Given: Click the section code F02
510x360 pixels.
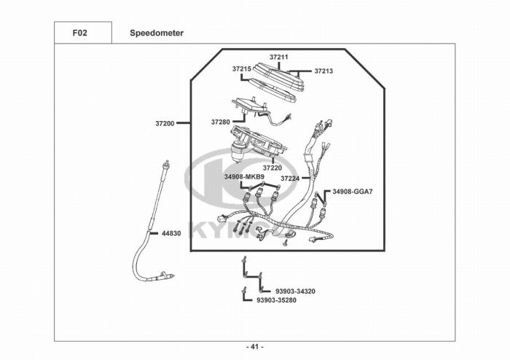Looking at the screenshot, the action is pyautogui.click(x=82, y=33).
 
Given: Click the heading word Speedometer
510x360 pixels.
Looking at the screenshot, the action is pyautogui.click(x=157, y=33).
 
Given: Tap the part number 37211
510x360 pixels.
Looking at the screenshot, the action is pyautogui.click(x=279, y=56).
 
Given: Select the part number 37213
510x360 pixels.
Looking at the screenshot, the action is pyautogui.click(x=323, y=71).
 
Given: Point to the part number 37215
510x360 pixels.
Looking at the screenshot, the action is pyautogui.click(x=242, y=69).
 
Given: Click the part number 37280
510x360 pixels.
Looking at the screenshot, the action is pyautogui.click(x=221, y=122).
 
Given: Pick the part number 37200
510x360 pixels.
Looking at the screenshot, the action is pyautogui.click(x=165, y=124).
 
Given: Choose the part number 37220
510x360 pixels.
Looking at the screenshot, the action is pyautogui.click(x=272, y=168).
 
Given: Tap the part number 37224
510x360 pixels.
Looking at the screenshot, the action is pyautogui.click(x=289, y=178).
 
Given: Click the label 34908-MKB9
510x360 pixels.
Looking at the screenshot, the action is pyautogui.click(x=244, y=176).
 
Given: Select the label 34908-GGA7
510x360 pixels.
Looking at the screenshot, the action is pyautogui.click(x=353, y=192).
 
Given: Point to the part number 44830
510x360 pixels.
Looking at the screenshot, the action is pyautogui.click(x=170, y=233).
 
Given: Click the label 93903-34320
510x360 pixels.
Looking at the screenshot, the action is pyautogui.click(x=295, y=291).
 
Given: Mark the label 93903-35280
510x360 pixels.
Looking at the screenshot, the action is pyautogui.click(x=276, y=299).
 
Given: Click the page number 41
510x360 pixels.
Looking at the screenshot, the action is pyautogui.click(x=255, y=346).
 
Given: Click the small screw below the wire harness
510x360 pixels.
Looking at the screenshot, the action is pyautogui.click(x=286, y=244).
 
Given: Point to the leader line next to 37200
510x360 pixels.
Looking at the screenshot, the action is pyautogui.click(x=183, y=124).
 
